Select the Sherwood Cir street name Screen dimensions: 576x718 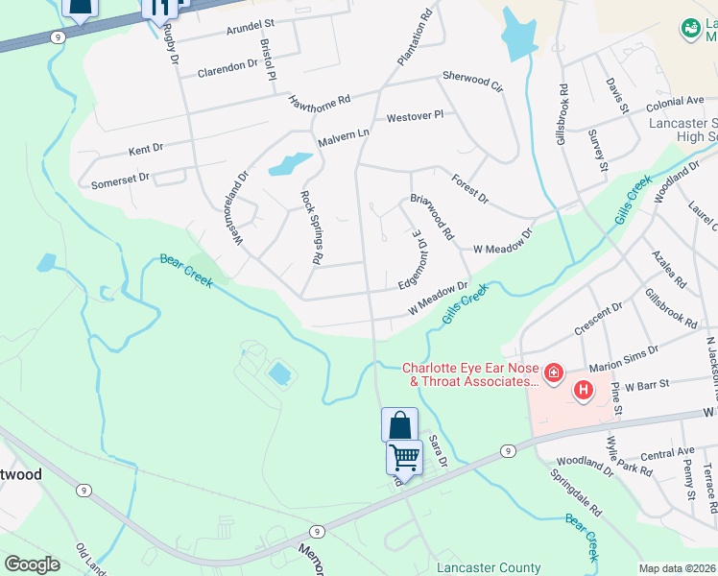(472, 79)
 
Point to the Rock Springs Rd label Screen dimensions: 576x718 (309, 227)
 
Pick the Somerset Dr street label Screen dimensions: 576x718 (120, 180)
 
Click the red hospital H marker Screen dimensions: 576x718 (583, 390)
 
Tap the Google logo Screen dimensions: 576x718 (32, 564)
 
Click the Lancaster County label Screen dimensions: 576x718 (476, 566)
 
